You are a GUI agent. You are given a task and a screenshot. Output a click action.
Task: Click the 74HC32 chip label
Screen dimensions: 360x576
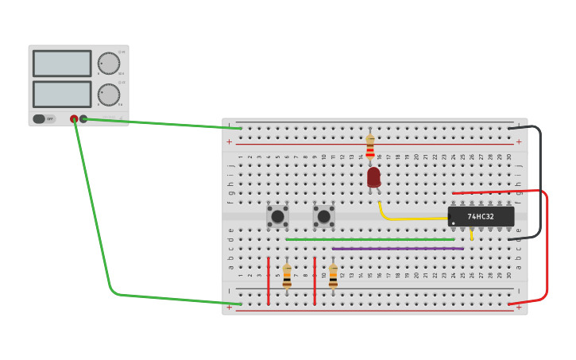[481, 216]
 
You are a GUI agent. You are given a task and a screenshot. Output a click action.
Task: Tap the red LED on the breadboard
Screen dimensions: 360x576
[373, 176]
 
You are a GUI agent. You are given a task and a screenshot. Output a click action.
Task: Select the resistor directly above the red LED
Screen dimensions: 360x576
[370, 146]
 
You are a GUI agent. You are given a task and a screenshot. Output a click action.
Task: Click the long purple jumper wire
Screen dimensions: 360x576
[397, 249]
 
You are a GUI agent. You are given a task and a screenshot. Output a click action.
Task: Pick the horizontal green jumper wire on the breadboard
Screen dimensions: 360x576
[369, 239]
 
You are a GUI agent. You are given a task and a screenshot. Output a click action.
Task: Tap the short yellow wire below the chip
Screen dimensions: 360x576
[471, 234]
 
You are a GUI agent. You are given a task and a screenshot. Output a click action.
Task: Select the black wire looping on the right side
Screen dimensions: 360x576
[539, 183]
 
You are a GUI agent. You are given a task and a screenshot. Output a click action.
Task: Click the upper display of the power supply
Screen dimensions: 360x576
[62, 64]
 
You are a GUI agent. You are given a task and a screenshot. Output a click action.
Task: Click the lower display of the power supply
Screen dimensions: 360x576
[62, 94]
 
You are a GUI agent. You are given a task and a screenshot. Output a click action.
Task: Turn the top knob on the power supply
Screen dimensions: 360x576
[108, 64]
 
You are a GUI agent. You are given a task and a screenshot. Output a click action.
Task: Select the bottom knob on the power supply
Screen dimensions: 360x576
[108, 95]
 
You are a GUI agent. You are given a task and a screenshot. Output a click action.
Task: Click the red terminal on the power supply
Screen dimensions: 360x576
[74, 119]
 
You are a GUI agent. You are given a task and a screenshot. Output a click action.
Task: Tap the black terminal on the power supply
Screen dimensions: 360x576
[83, 119]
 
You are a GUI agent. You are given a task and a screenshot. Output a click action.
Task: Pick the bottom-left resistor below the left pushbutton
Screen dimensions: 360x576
[287, 276]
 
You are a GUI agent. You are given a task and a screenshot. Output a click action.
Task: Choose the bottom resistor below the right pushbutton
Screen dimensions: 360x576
[333, 276]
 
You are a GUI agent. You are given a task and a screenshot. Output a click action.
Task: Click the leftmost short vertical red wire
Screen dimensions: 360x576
[269, 281]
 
